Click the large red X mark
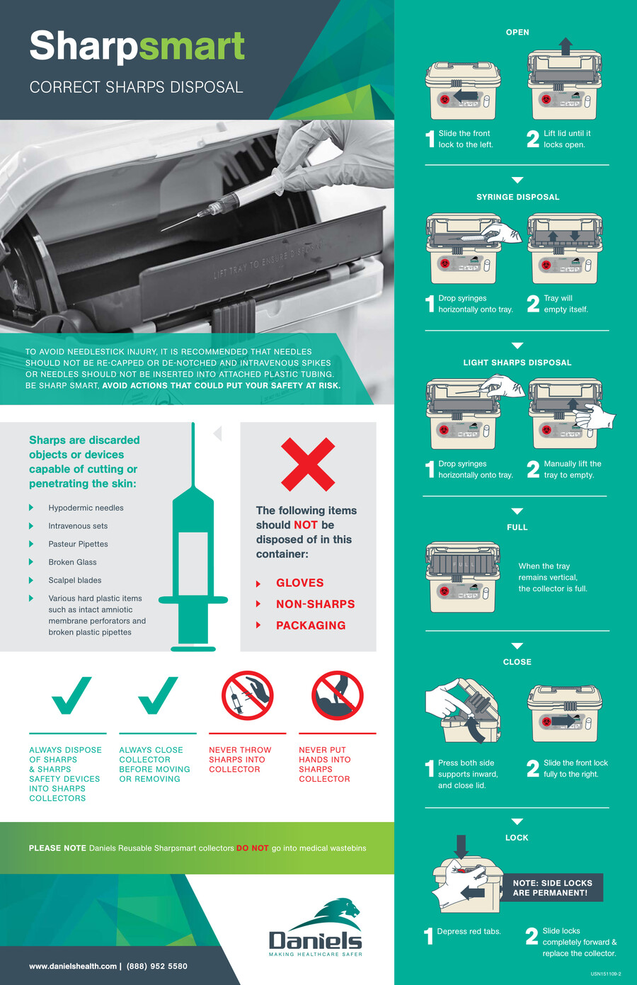(308, 465)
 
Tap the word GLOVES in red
(299, 583)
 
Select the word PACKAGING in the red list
(311, 625)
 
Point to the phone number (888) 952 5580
(156, 966)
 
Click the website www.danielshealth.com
(73, 966)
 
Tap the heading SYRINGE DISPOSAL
(517, 197)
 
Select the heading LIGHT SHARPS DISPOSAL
(517, 363)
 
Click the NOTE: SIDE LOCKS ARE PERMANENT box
(553, 888)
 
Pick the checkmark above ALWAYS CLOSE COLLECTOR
(157, 695)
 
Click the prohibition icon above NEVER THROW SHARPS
(247, 696)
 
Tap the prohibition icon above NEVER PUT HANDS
(338, 696)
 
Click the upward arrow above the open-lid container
(565, 46)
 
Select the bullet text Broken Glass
(72, 562)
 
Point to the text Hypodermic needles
(86, 508)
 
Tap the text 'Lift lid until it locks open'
(567, 139)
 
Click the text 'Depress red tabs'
(469, 931)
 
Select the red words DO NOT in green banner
(253, 848)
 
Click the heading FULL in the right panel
(517, 528)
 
